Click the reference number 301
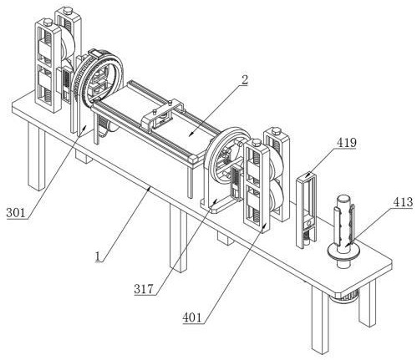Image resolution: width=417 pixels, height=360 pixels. click(x=16, y=213)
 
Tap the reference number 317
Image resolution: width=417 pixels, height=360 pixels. click(x=144, y=289)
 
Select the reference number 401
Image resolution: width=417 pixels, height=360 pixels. click(x=192, y=317)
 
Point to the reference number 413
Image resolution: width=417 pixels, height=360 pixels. click(x=403, y=202)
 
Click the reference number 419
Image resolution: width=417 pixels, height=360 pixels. click(x=347, y=142)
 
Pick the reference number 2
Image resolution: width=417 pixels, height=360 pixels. click(x=244, y=79)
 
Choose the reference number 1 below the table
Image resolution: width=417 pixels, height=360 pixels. click(x=98, y=256)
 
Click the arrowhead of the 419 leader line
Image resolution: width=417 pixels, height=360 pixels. click(x=308, y=175)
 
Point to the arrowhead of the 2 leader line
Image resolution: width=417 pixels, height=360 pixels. click(x=191, y=134)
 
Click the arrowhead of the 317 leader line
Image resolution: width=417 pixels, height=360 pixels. click(x=215, y=201)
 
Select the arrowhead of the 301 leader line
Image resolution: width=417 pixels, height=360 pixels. click(x=84, y=127)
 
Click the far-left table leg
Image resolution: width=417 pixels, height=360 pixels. click(x=37, y=158)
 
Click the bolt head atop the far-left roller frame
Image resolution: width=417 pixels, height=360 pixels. click(x=48, y=21)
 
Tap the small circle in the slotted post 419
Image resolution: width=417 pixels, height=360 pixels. click(x=308, y=223)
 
